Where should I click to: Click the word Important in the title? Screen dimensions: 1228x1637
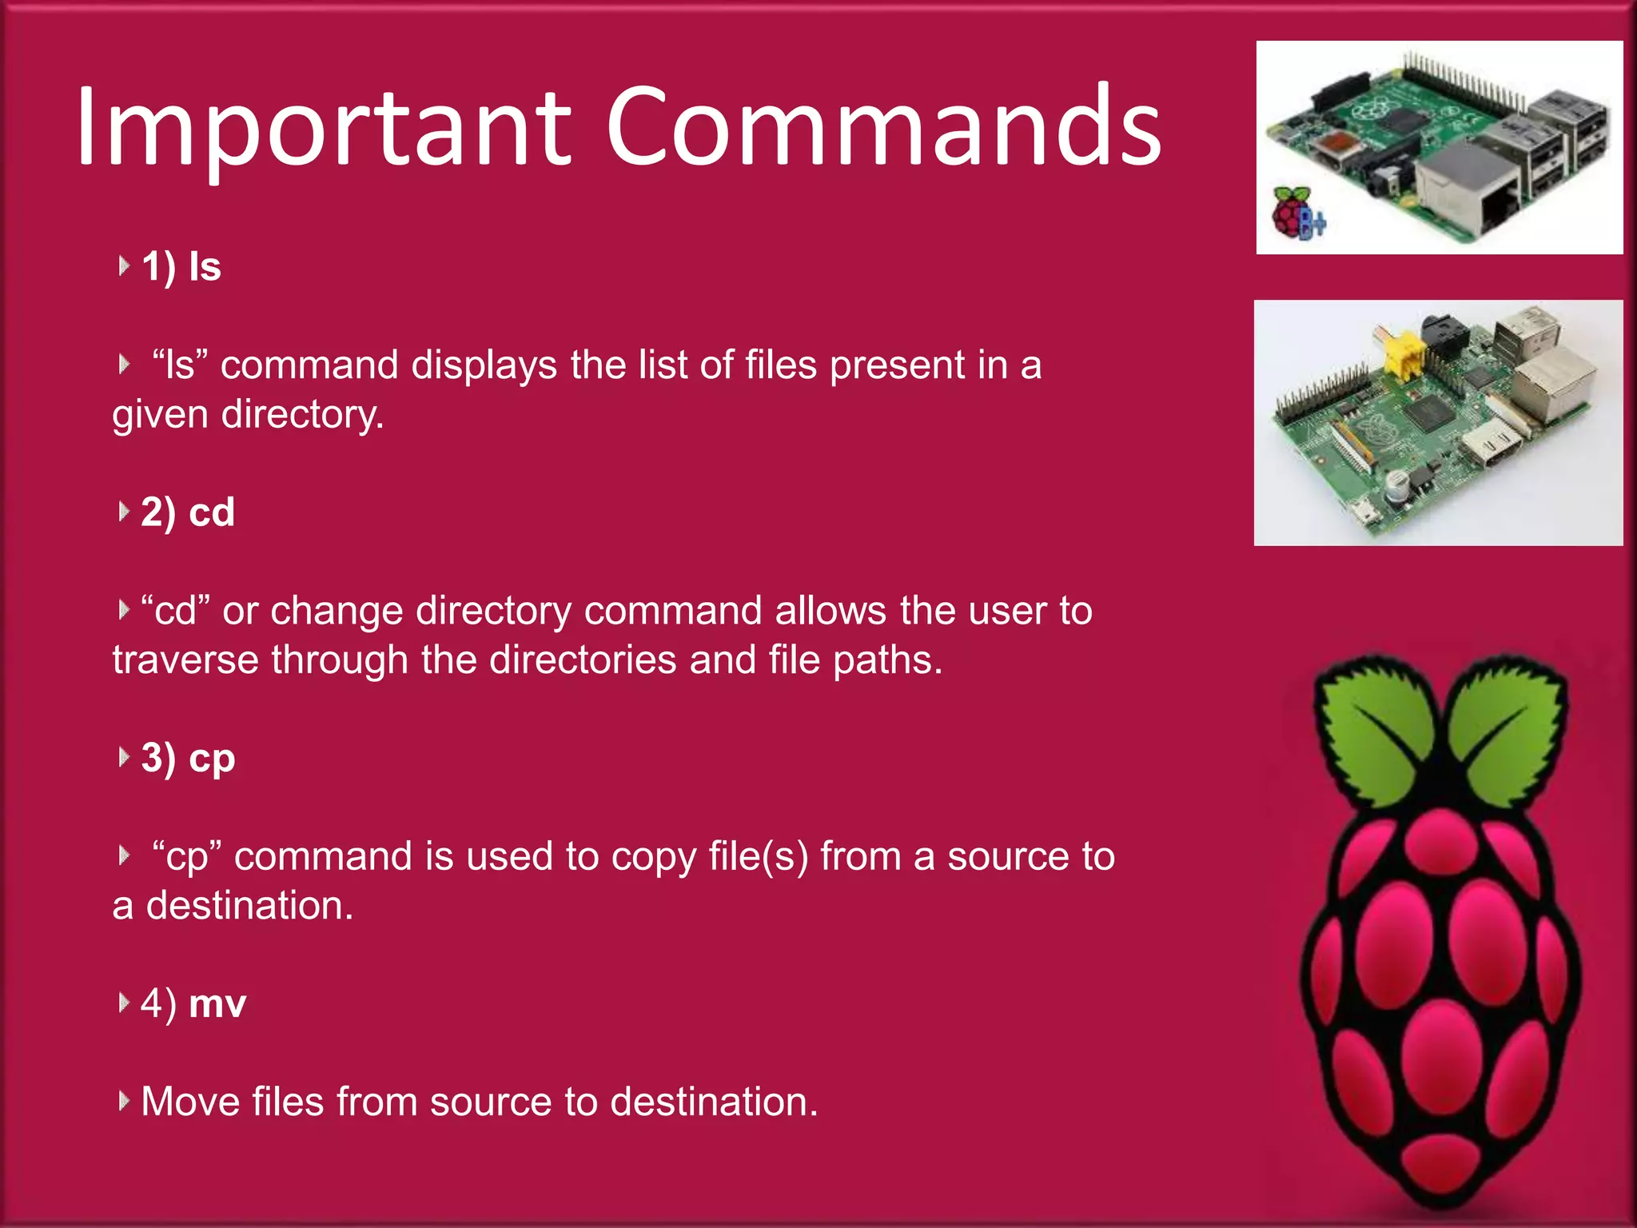324,128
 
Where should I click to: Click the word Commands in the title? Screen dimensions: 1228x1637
883,128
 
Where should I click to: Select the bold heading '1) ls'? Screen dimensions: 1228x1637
181,266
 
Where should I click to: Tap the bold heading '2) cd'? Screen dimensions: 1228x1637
188,512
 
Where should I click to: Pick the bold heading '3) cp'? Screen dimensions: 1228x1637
188,757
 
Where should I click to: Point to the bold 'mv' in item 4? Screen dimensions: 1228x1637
217,1003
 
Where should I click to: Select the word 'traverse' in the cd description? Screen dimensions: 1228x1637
185,660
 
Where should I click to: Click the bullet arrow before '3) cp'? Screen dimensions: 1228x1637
123,756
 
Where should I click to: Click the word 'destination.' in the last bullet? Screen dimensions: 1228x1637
715,1102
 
